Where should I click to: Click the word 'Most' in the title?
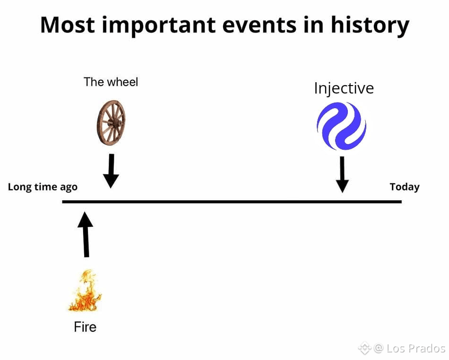pyautogui.click(x=68, y=25)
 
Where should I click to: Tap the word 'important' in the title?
pyautogui.click(x=159, y=26)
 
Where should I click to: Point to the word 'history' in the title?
pyautogui.click(x=370, y=26)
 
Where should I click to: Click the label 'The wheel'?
pyautogui.click(x=111, y=82)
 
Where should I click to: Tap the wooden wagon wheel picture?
pyautogui.click(x=111, y=123)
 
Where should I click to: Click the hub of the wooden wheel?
pyautogui.click(x=115, y=124)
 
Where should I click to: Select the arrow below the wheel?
pyautogui.click(x=111, y=171)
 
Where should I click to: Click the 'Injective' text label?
pyautogui.click(x=344, y=88)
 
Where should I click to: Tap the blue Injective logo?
pyautogui.click(x=341, y=126)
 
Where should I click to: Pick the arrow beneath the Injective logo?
pyautogui.click(x=342, y=174)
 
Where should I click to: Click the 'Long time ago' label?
pyautogui.click(x=43, y=187)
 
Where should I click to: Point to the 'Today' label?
pyautogui.click(x=405, y=187)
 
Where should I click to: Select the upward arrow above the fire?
pyautogui.click(x=86, y=234)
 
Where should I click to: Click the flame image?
pyautogui.click(x=85, y=291)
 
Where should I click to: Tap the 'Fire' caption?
pyautogui.click(x=85, y=327)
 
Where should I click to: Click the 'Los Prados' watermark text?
pyautogui.click(x=416, y=348)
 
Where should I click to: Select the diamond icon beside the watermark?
pyautogui.click(x=364, y=348)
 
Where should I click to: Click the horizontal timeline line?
pyautogui.click(x=232, y=202)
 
